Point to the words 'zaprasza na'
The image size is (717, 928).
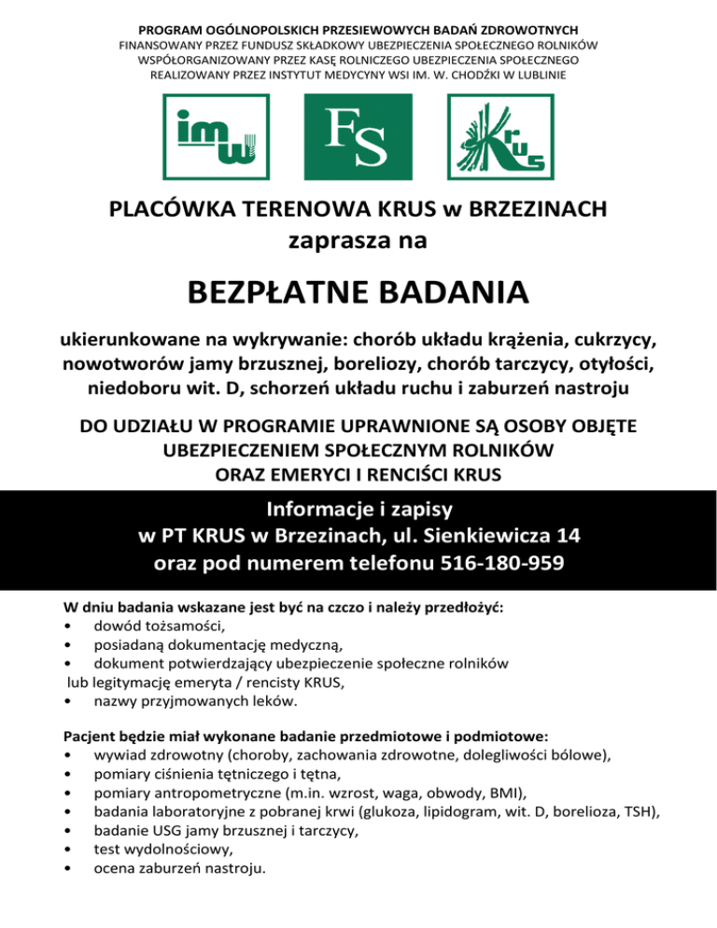click(x=358, y=240)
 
